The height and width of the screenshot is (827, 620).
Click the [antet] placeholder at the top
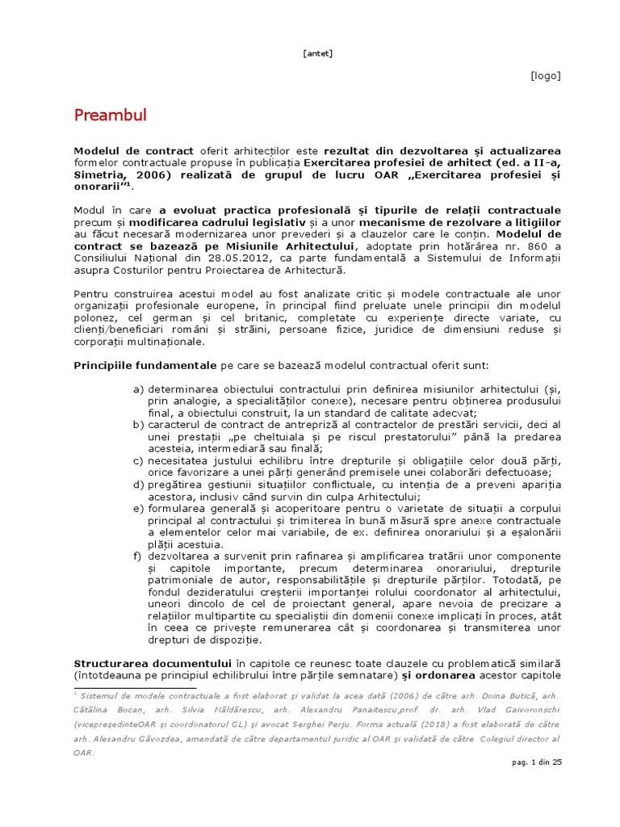tap(317, 54)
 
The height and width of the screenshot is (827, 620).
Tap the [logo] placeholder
tap(545, 76)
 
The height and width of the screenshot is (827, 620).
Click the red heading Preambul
tap(110, 115)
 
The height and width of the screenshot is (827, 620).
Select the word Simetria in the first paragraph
tap(99, 174)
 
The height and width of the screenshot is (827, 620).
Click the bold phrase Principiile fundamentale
tap(145, 365)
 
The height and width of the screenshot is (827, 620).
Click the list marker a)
tap(138, 388)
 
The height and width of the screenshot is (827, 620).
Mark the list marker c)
tap(138, 460)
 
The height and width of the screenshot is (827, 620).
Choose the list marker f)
tap(138, 556)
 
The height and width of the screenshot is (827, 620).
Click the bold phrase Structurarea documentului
tap(153, 664)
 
